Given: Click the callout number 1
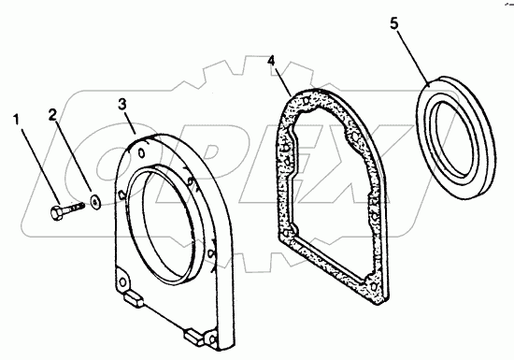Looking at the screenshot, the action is (x=17, y=120).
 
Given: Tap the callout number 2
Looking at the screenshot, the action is (x=52, y=115).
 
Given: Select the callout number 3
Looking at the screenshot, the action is (x=121, y=105).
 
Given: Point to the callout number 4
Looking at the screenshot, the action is (x=271, y=62).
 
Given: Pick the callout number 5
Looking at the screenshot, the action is (x=394, y=23).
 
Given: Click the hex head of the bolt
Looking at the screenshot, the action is (x=55, y=213).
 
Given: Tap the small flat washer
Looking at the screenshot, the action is (x=95, y=201).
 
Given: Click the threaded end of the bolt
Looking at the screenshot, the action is (x=79, y=206).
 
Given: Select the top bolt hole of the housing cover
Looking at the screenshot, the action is (x=142, y=152).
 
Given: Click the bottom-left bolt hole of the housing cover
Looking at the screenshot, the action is (x=123, y=281).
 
